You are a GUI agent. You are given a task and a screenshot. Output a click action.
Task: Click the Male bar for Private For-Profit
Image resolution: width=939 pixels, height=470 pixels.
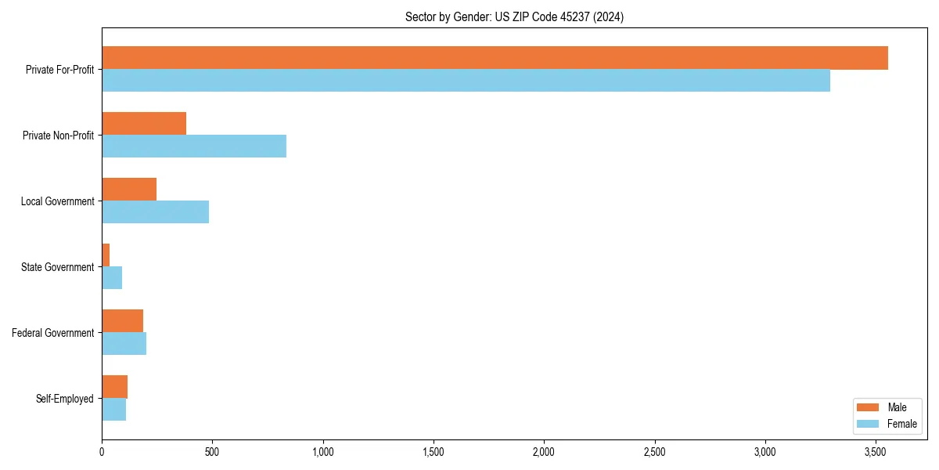pyautogui.click(x=495, y=58)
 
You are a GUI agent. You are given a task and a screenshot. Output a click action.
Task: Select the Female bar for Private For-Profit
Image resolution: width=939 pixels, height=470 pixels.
pyautogui.click(x=466, y=81)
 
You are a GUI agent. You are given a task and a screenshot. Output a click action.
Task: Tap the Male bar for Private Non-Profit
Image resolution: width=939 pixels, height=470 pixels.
pyautogui.click(x=144, y=124)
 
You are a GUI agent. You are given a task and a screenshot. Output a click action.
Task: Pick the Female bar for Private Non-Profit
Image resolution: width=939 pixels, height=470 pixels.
pyautogui.click(x=194, y=146)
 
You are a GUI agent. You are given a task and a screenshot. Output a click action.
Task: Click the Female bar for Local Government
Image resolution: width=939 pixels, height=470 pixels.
pyautogui.click(x=155, y=212)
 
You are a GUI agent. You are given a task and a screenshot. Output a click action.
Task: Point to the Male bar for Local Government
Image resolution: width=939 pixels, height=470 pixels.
pyautogui.click(x=129, y=190)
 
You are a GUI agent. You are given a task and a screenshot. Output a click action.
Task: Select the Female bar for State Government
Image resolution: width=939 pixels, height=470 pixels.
pyautogui.click(x=112, y=278)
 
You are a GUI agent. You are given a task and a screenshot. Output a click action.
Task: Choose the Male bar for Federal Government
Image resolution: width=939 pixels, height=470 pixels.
pyautogui.click(x=122, y=321)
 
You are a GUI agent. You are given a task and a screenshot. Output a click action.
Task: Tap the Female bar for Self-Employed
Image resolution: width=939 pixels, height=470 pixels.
pyautogui.click(x=113, y=410)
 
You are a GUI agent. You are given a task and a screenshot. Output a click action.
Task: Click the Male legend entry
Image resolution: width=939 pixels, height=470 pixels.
pyautogui.click(x=886, y=407)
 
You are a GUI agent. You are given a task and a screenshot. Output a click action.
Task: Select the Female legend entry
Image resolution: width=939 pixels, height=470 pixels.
pyautogui.click(x=886, y=424)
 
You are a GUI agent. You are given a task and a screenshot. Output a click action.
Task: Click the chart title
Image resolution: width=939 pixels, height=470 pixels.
pyautogui.click(x=514, y=16)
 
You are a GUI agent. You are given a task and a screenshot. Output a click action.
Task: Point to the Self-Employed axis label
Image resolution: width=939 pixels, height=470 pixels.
pyautogui.click(x=64, y=399)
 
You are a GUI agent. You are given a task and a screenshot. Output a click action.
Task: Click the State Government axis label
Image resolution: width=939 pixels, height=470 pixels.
pyautogui.click(x=57, y=267)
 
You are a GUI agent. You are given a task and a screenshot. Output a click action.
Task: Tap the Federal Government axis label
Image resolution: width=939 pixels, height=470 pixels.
pyautogui.click(x=52, y=333)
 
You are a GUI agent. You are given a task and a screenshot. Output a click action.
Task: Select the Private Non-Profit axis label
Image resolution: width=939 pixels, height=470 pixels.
pyautogui.click(x=58, y=136)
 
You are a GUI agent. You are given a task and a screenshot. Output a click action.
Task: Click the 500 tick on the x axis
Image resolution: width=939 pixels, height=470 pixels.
pyautogui.click(x=212, y=452)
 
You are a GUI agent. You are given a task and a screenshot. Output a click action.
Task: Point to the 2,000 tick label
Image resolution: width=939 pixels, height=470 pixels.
pyautogui.click(x=544, y=452)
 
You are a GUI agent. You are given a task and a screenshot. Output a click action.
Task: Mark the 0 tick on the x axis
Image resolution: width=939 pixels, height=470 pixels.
pyautogui.click(x=102, y=452)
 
